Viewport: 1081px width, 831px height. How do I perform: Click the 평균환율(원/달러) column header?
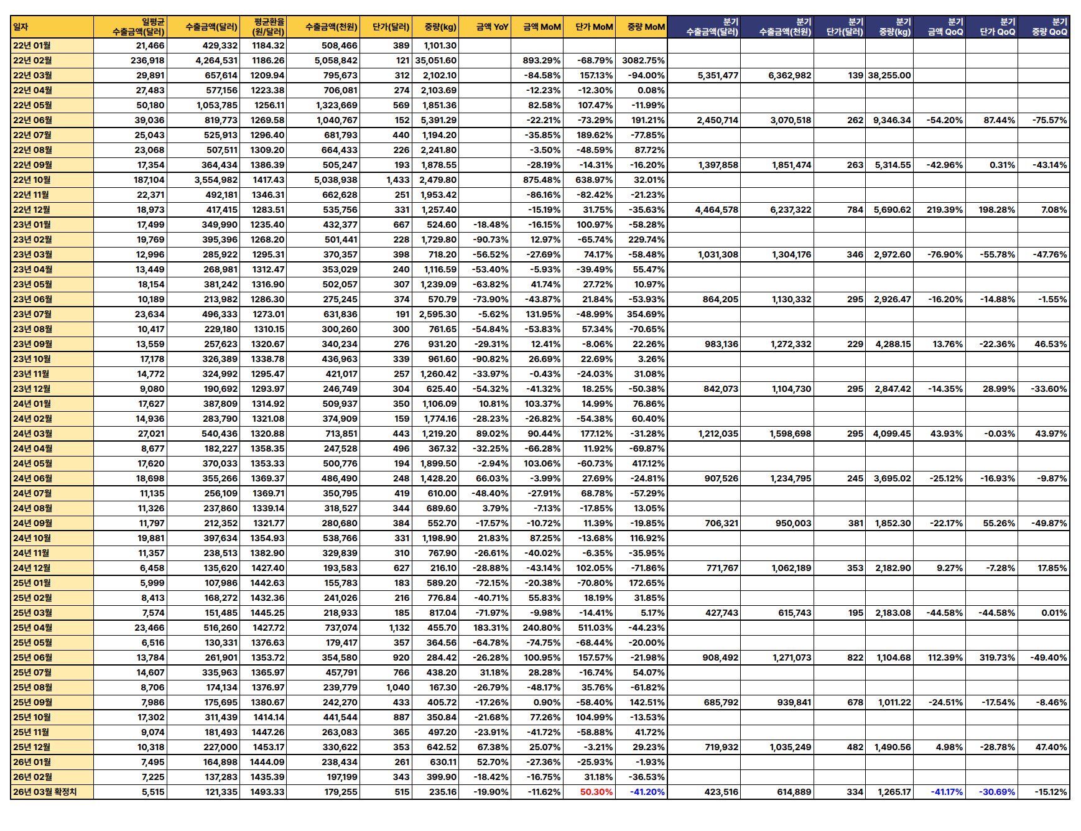point(268,27)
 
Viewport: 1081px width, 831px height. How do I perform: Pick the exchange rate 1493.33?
point(268,792)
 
